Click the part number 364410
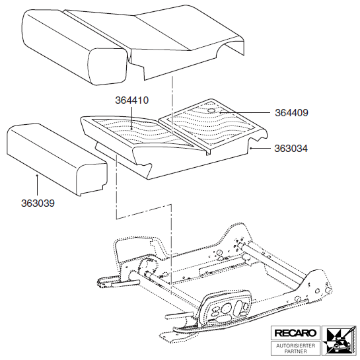click(132, 100)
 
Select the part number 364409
click(291, 113)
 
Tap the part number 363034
click(291, 149)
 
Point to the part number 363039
click(38, 203)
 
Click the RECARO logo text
click(295, 333)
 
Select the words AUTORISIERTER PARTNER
click(295, 348)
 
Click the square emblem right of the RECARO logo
click(339, 340)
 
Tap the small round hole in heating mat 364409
click(212, 110)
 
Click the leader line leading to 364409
click(245, 112)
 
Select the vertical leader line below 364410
click(131, 118)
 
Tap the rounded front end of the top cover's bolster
click(108, 67)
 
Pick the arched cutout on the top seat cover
click(230, 46)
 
